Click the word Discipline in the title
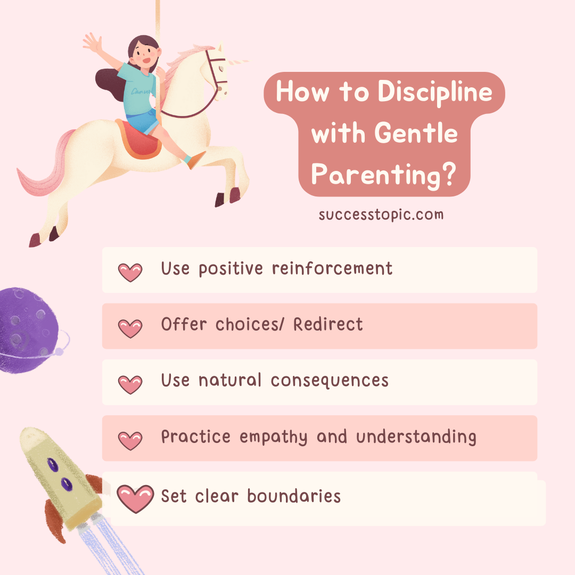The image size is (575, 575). [435, 93]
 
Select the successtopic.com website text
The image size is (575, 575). [381, 215]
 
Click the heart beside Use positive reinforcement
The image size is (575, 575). [130, 272]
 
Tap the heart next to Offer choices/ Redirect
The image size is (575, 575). [130, 328]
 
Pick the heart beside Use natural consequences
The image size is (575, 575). [130, 384]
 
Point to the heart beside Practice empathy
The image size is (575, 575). [130, 440]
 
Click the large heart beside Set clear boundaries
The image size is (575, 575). [135, 498]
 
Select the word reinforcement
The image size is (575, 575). [332, 268]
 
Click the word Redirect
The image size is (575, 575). [328, 324]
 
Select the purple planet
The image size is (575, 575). [27, 330]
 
